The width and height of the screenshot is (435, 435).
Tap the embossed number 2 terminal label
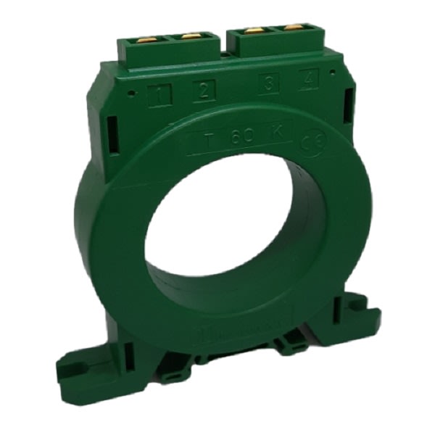pyautogui.click(x=204, y=91)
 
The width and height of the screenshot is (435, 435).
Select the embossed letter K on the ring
pyautogui.click(x=277, y=133)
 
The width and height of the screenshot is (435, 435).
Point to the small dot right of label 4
pyautogui.click(x=331, y=77)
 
